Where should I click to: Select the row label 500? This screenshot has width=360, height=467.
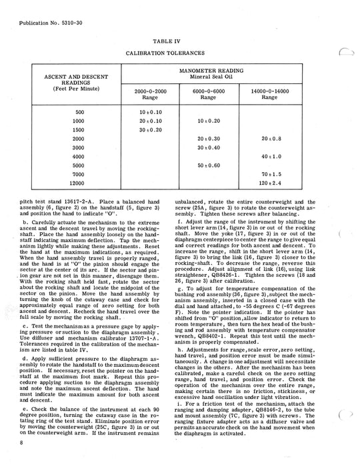80,111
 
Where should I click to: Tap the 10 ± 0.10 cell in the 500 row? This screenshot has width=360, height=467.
151,111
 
